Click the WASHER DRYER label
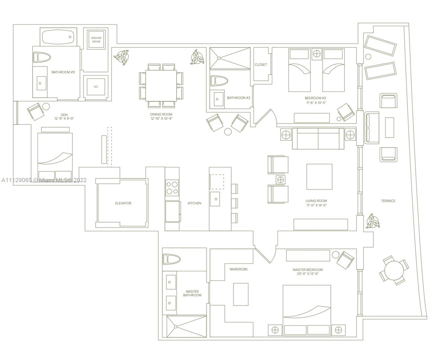96,40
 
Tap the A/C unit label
96,87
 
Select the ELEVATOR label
123,203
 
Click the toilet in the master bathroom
171,259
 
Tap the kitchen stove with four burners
172,188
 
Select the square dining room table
161,85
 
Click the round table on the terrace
394,270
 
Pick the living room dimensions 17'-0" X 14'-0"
316,205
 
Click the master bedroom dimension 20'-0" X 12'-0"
308,274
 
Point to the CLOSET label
261,65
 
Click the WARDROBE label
238,269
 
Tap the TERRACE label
388,201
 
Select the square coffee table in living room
319,177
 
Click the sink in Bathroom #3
41,83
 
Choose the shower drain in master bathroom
176,327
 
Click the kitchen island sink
215,199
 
